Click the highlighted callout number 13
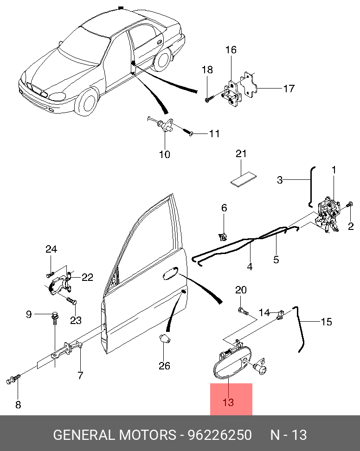228,402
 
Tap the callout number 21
241,154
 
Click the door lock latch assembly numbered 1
330,211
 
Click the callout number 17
289,88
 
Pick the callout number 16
231,50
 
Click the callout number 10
165,154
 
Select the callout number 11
214,134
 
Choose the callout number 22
87,278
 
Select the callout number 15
327,322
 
